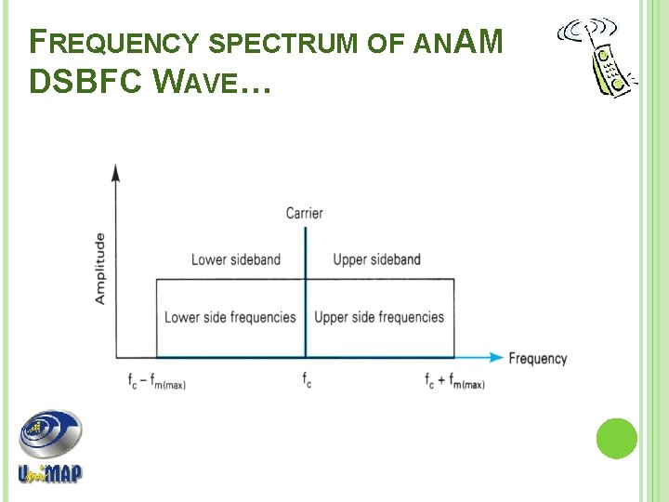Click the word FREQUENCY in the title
pos(116,42)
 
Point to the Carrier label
pos(304,214)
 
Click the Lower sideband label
pos(235,259)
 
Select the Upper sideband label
pos(376,259)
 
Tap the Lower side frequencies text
pos(230,317)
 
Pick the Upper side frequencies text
pos(379,317)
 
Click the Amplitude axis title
pos(99,268)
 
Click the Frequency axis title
pos(538,358)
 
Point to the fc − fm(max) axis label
pos(157,380)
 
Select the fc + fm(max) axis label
pos(454,380)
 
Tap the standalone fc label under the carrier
pos(306,379)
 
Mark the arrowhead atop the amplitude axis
pos(116,172)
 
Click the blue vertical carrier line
pos(305,297)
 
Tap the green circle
pos(616,438)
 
